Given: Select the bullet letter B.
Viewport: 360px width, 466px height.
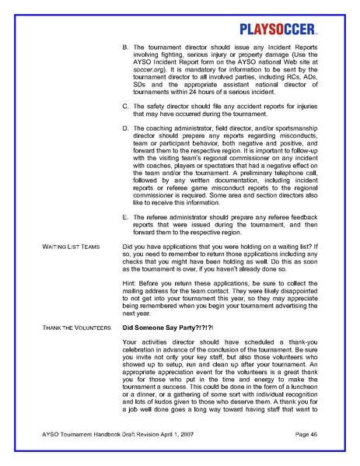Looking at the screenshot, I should click(127, 48).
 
